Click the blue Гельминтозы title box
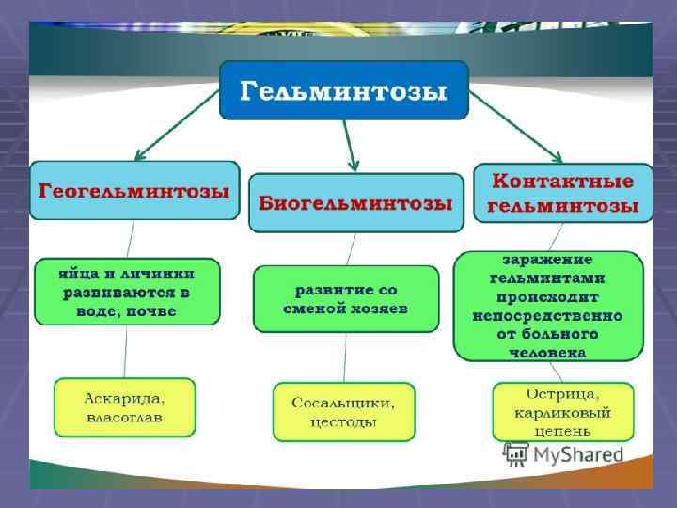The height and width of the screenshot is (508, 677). [343, 90]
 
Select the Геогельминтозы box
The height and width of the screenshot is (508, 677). [134, 191]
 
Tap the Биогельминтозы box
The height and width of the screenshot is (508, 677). [355, 203]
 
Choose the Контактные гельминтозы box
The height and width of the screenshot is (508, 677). [562, 193]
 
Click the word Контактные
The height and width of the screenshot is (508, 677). [563, 181]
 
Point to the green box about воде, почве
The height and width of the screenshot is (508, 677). [128, 292]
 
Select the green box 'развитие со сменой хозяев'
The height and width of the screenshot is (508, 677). [346, 298]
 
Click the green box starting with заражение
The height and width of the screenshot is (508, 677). [548, 306]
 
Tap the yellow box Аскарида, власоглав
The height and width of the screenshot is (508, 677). [124, 407]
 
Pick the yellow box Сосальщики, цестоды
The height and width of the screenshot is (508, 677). [343, 412]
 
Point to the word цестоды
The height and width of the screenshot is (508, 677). [343, 422]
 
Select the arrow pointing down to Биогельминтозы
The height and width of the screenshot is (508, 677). [351, 146]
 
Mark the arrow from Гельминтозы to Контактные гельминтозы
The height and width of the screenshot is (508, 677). [516, 126]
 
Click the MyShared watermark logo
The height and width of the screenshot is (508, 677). [564, 454]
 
